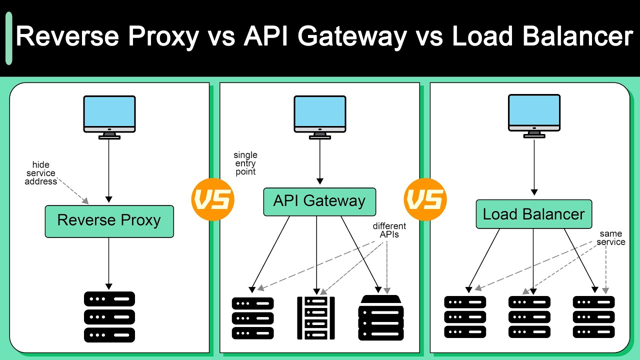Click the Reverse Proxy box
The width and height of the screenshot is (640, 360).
(x=109, y=221)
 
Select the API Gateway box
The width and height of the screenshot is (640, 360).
(x=319, y=201)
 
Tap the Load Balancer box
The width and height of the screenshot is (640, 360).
(x=533, y=214)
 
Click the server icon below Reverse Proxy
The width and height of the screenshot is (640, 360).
(x=109, y=316)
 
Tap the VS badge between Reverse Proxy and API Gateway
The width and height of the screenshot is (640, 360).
(x=212, y=200)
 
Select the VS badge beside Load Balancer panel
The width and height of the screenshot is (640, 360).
(x=425, y=200)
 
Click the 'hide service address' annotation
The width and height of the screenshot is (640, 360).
(x=41, y=173)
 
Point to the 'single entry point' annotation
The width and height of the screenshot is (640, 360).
(x=245, y=163)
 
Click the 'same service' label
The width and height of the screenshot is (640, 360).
(x=610, y=238)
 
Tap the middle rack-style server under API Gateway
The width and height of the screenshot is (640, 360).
(x=316, y=318)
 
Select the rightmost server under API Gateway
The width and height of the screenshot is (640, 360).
(x=381, y=317)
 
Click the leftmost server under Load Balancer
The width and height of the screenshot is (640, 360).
(x=465, y=316)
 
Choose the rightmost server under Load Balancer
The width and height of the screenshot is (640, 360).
(x=593, y=316)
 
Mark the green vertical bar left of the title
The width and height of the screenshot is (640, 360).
(x=8, y=39)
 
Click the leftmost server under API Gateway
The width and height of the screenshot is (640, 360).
(x=253, y=318)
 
